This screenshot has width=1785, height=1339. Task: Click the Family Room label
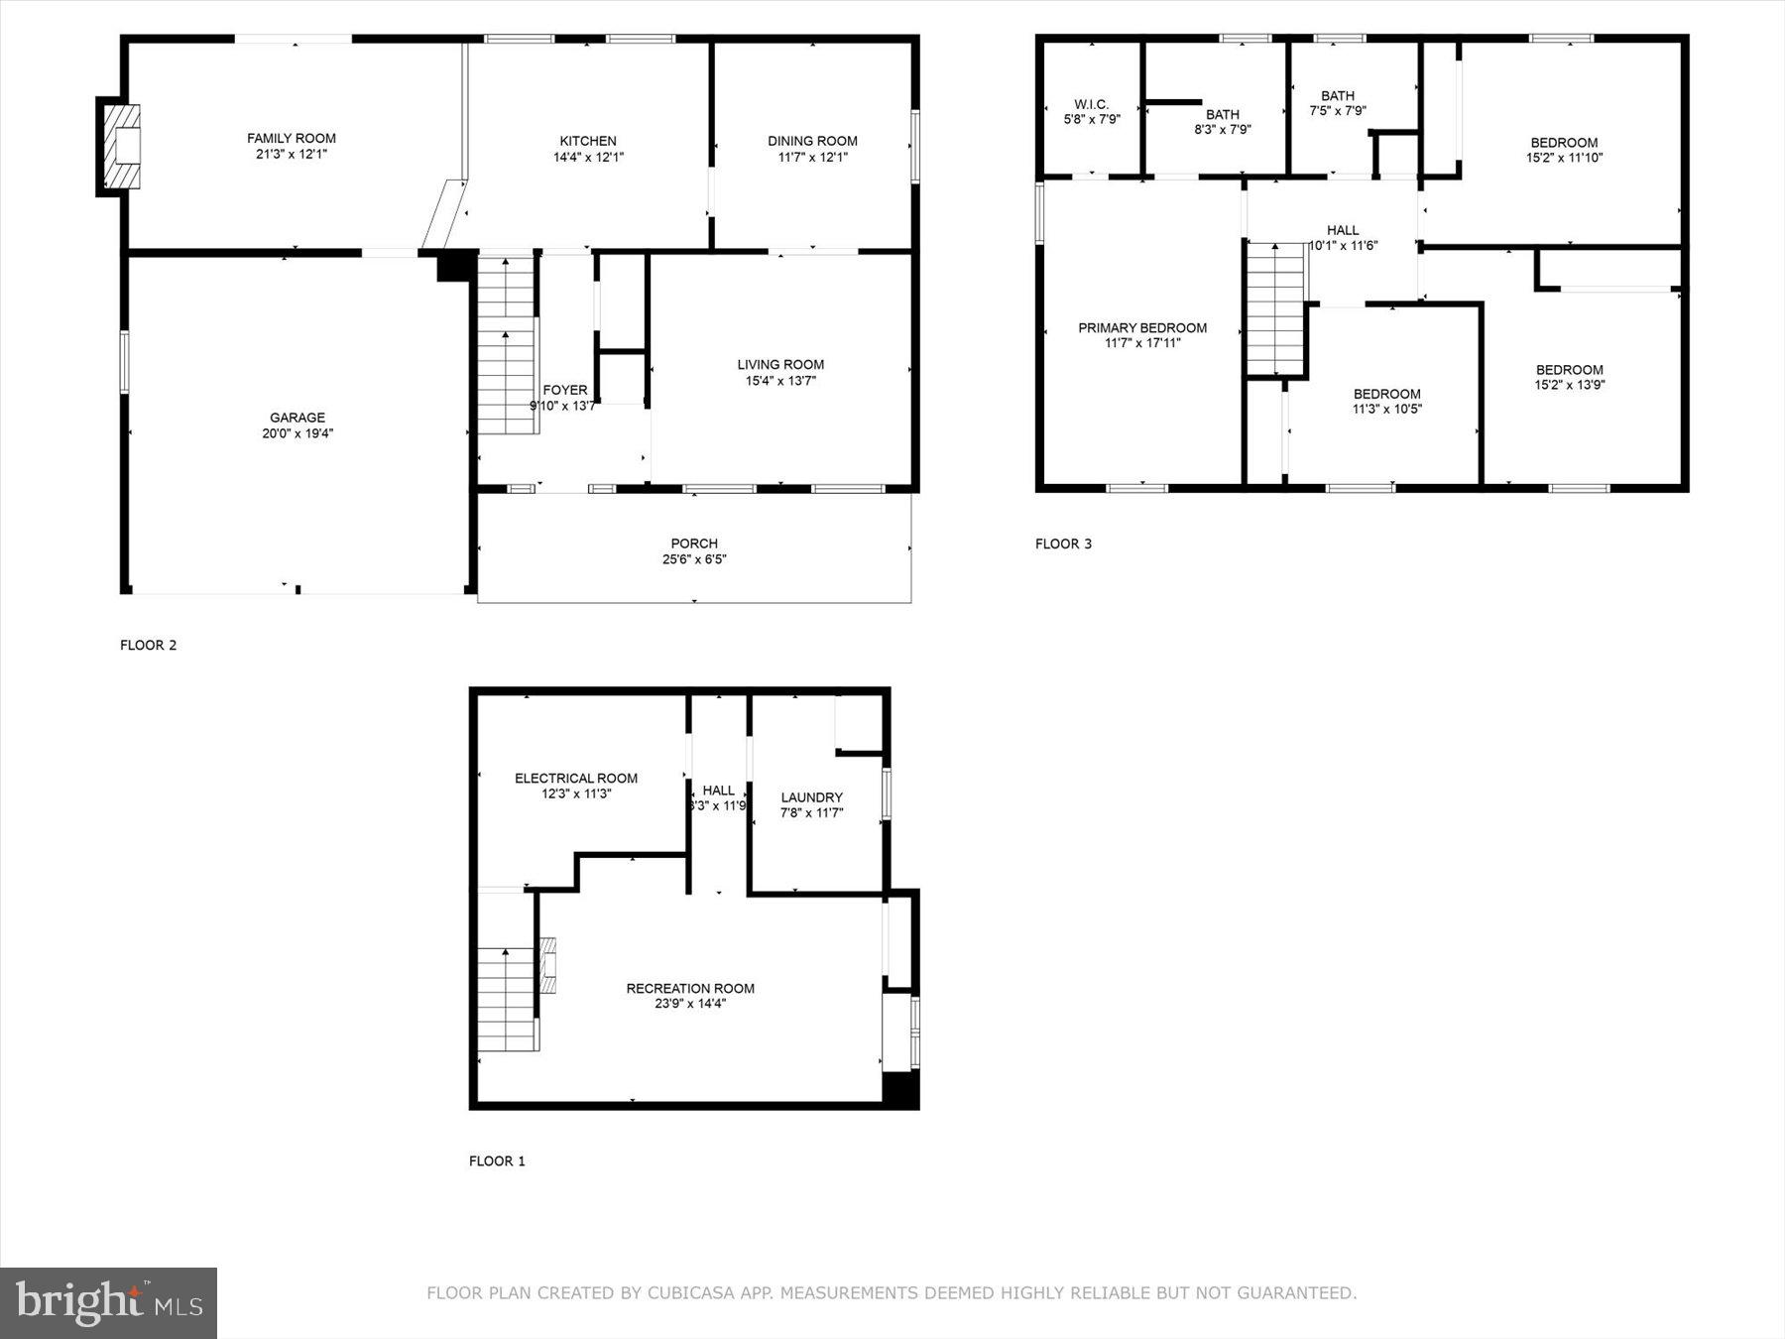(292, 139)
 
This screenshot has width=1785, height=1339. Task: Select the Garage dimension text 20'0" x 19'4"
(297, 433)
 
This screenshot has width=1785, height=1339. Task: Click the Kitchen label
(588, 141)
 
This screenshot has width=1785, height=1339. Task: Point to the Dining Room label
(812, 141)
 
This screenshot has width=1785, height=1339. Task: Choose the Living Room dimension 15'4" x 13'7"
(780, 381)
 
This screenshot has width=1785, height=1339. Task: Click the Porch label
(694, 544)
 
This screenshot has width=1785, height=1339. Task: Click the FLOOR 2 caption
(149, 645)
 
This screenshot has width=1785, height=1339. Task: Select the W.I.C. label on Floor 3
(1091, 104)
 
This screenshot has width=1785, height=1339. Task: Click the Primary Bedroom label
(1142, 328)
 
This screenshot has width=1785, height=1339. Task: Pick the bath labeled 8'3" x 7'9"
(1223, 122)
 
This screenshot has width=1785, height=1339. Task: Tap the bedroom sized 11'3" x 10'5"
(1387, 402)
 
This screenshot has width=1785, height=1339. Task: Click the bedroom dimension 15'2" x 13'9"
(1570, 385)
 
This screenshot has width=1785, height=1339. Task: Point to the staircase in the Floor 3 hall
(1275, 307)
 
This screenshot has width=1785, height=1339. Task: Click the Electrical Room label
(576, 779)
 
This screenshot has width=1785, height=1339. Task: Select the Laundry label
(812, 797)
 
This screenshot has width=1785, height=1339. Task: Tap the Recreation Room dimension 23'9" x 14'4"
(690, 1004)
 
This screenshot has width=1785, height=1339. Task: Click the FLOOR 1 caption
(497, 1160)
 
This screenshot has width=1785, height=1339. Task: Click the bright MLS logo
(108, 1302)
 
